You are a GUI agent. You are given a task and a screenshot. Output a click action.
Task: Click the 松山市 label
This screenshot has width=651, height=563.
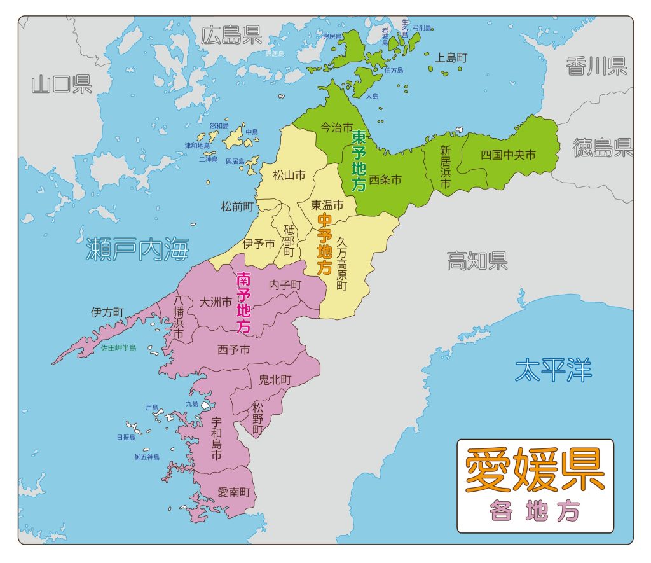[289, 174]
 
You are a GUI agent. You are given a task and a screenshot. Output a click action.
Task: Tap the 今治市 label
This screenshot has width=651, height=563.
[336, 127]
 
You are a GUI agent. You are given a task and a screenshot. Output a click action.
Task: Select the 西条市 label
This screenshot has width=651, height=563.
[385, 180]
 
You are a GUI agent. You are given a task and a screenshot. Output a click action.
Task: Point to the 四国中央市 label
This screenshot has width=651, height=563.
[507, 155]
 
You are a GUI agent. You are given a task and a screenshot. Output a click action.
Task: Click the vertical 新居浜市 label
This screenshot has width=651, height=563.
[445, 167]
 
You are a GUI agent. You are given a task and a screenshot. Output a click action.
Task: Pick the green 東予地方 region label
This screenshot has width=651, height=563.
[359, 162]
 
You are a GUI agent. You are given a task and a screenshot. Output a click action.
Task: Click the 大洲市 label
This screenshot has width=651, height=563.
[216, 302]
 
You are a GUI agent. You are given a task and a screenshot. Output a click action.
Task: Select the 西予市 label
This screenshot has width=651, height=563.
[233, 349]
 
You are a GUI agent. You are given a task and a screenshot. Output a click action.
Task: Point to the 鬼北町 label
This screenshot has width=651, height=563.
[275, 380]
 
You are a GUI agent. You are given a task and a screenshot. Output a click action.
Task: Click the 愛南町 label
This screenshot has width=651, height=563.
[233, 492]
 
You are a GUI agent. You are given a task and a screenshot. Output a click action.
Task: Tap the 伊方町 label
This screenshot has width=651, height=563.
[107, 312]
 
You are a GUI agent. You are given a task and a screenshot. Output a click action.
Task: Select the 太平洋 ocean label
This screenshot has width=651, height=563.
[553, 370]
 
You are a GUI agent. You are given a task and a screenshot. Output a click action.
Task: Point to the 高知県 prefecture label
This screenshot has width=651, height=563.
[477, 260]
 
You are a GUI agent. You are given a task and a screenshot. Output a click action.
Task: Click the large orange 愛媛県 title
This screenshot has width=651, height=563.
[535, 471]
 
